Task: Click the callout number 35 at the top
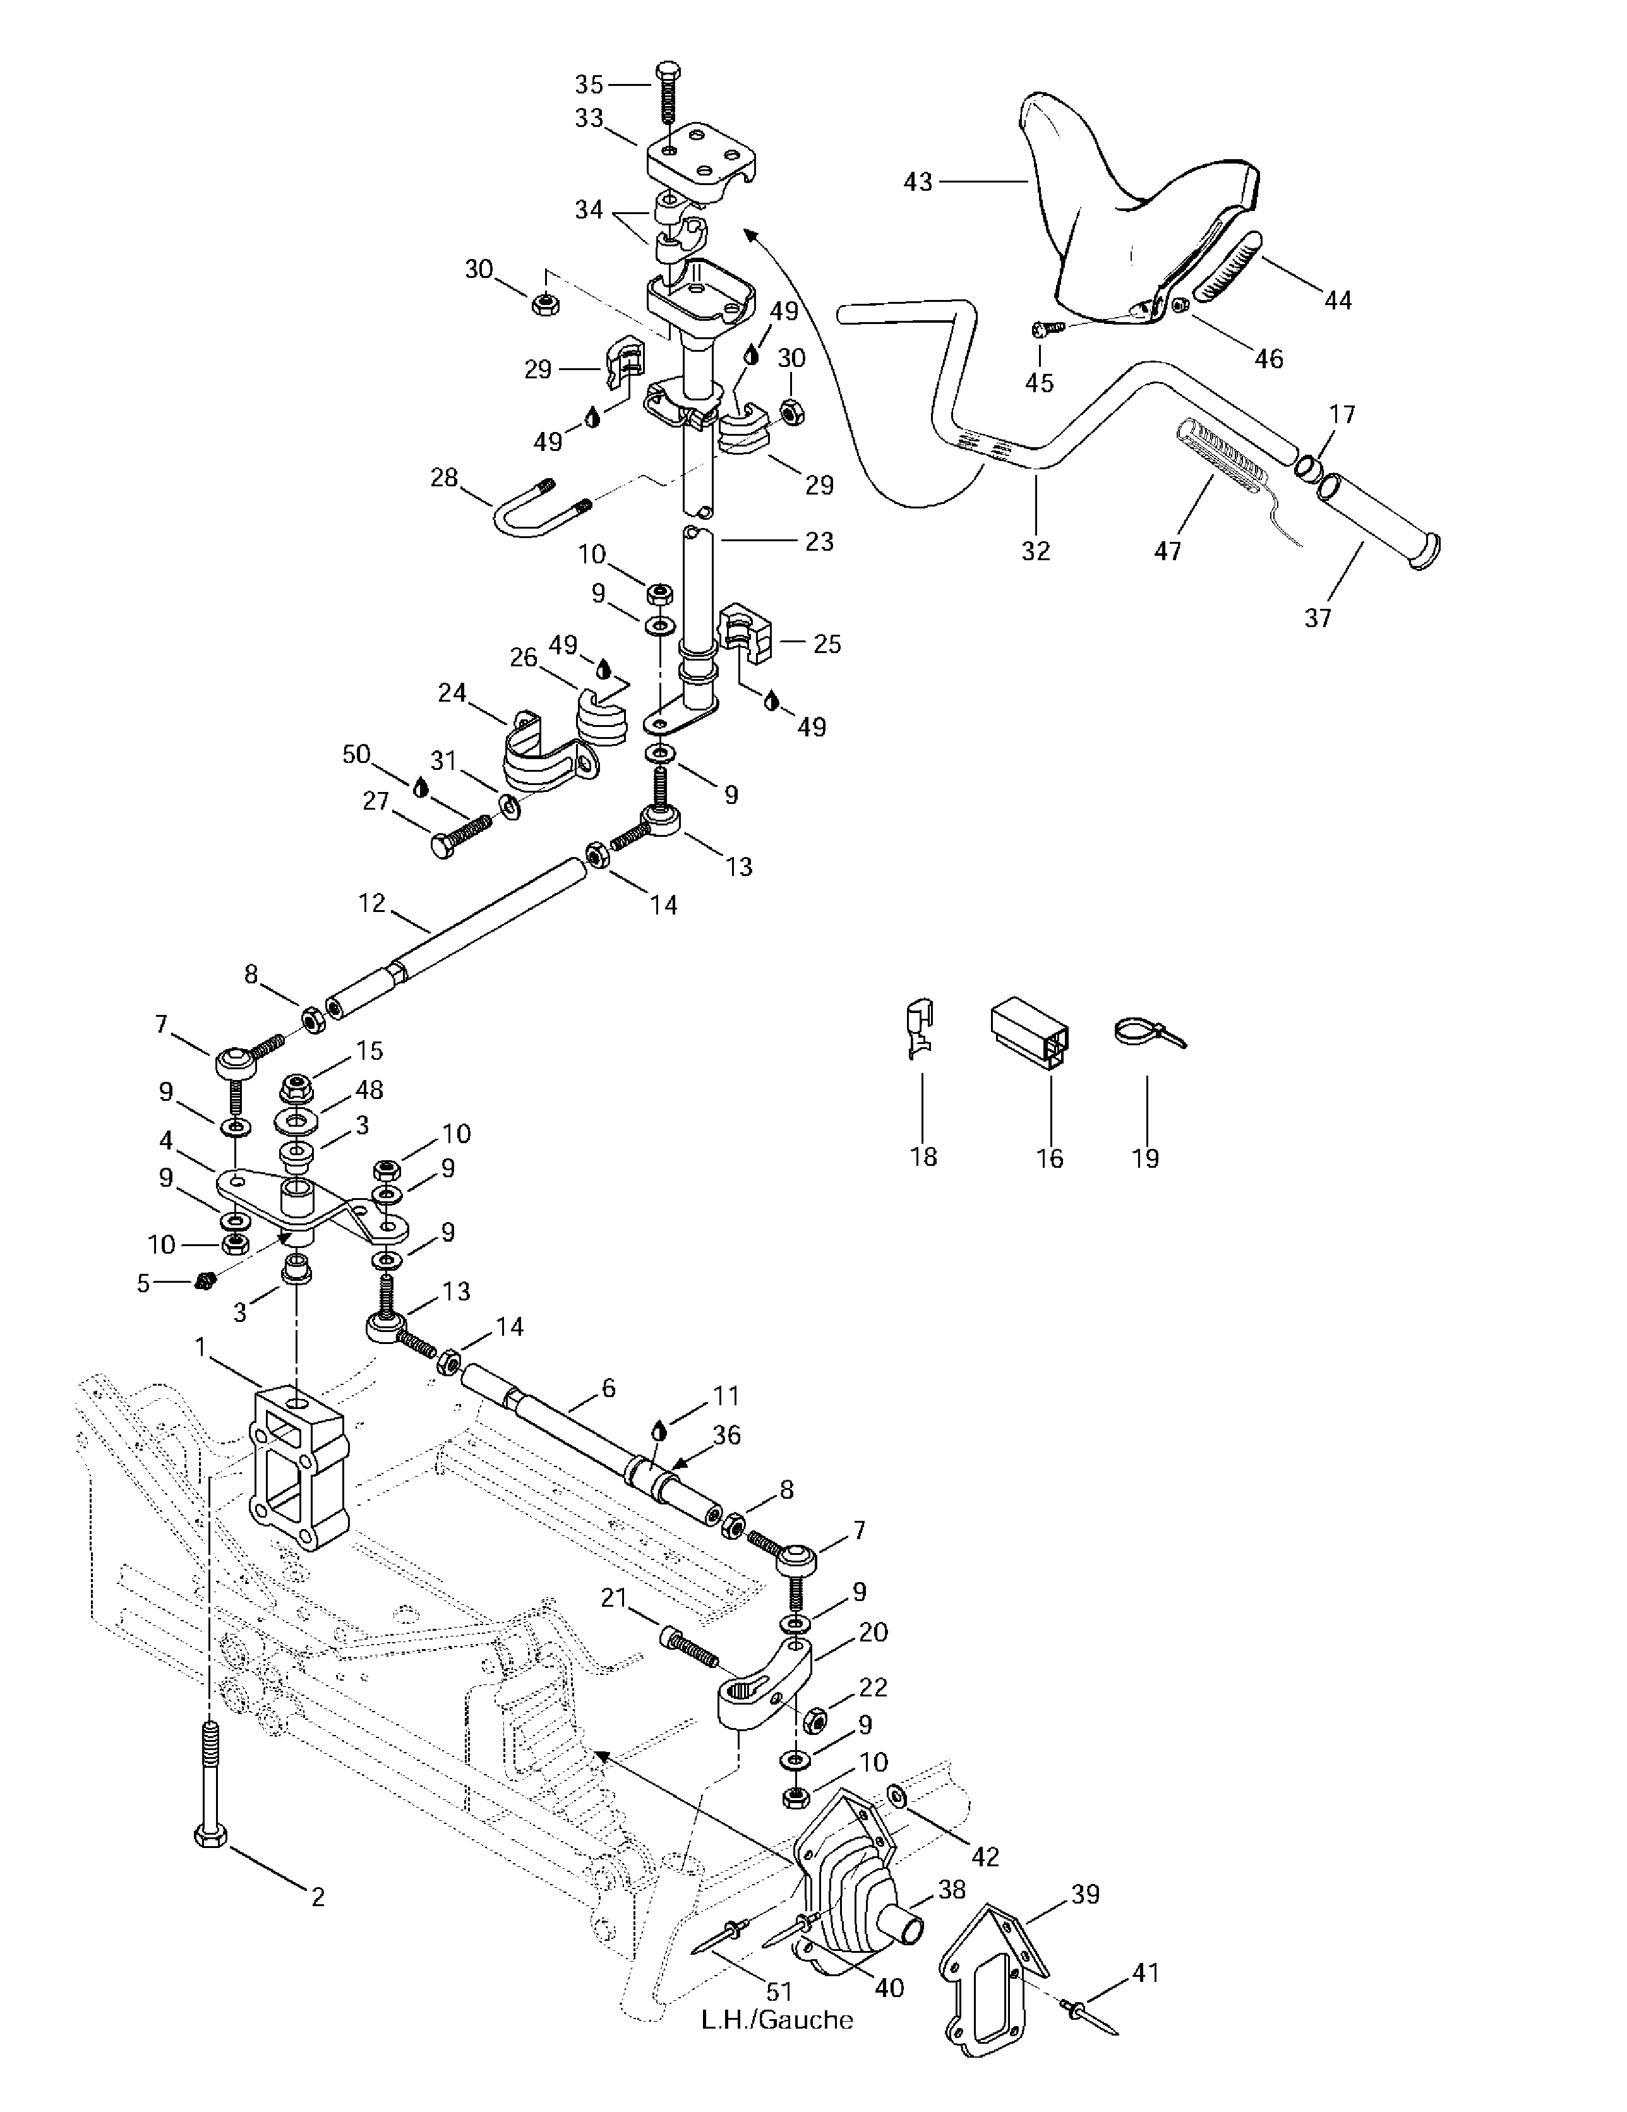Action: (x=589, y=84)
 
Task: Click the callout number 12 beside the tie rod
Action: (x=371, y=903)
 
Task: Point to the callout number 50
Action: (x=357, y=753)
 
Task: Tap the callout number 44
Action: (x=1337, y=301)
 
